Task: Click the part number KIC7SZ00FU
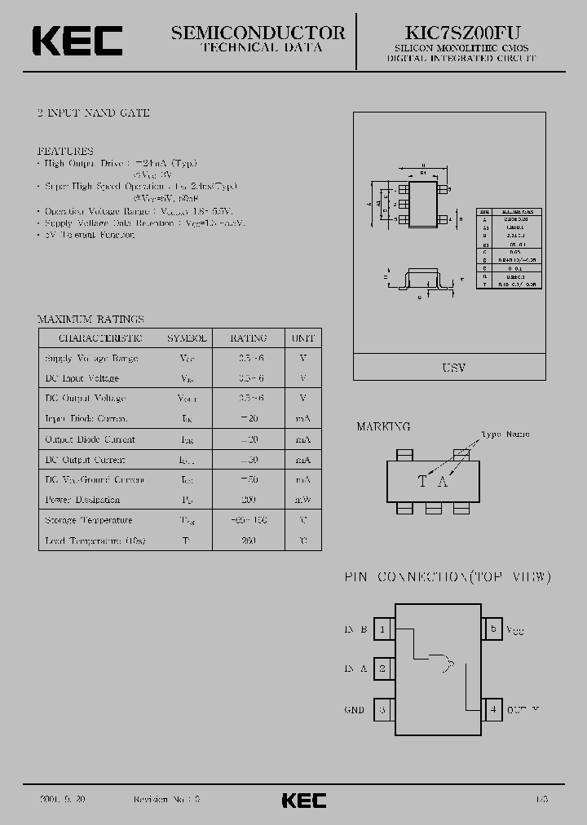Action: (x=462, y=32)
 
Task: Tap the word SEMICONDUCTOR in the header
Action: (x=258, y=32)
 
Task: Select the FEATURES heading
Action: (x=65, y=151)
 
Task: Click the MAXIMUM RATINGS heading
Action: (x=90, y=319)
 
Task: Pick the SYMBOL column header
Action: (x=187, y=338)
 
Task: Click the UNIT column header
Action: (x=302, y=338)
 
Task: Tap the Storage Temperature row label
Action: (x=88, y=520)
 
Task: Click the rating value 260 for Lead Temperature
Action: (x=249, y=540)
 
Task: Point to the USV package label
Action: (x=453, y=368)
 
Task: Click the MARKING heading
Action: (x=383, y=426)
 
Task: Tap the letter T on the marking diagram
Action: (x=422, y=481)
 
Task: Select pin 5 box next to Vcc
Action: (x=492, y=629)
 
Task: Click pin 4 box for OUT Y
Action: (x=492, y=709)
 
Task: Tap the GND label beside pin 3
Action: (x=354, y=710)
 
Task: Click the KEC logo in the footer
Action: (x=304, y=800)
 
